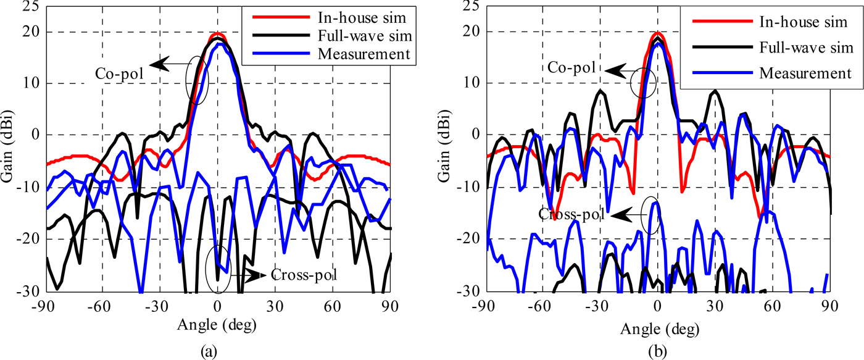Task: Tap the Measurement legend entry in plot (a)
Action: [x=363, y=54]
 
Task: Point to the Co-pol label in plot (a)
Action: [x=119, y=73]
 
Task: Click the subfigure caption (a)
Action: [x=217, y=351]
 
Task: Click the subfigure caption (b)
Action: [x=658, y=351]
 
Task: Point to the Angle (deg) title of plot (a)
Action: [x=217, y=324]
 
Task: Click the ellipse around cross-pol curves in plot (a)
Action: [x=218, y=270]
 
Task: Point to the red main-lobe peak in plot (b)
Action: [x=658, y=33]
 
